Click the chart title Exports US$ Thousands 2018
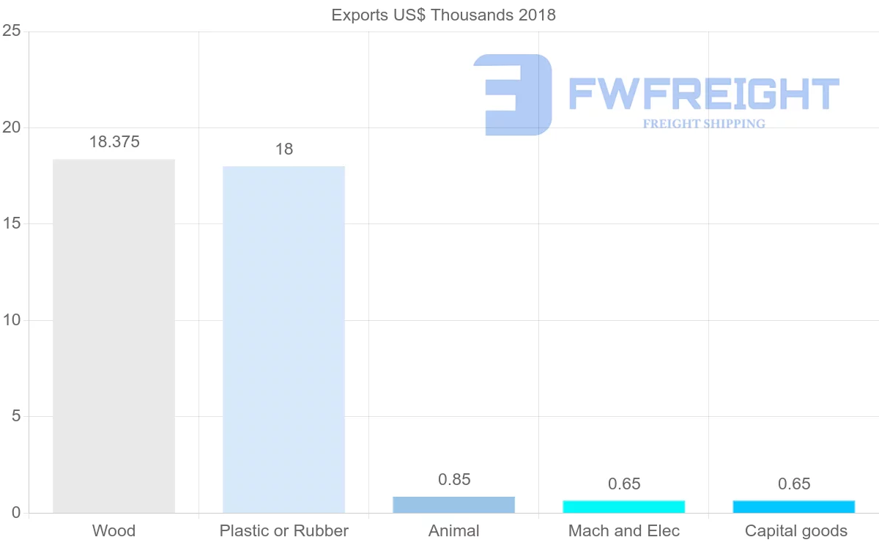coord(443,15)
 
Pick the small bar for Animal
coord(453,505)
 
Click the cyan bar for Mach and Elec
coord(623,506)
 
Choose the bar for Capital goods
coord(793,506)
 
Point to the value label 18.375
coord(114,142)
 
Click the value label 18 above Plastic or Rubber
coord(283,149)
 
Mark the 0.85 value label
coord(454,480)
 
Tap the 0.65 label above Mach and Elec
coord(624,484)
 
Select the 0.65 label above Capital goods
coord(794,484)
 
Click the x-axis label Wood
coord(114,531)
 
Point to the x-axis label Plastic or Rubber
coord(283,531)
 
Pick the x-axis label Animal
coord(453,531)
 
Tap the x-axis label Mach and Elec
coord(623,531)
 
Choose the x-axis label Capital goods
coord(795,531)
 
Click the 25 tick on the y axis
coord(11,31)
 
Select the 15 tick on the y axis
coord(11,223)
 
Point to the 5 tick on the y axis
coord(15,416)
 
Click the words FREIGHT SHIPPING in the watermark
coord(703,124)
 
